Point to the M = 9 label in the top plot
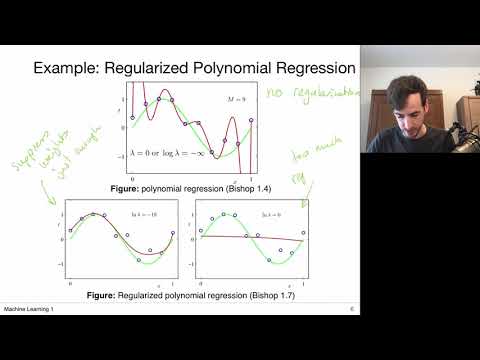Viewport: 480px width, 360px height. point(226,98)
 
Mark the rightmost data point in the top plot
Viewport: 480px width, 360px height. point(250,119)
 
